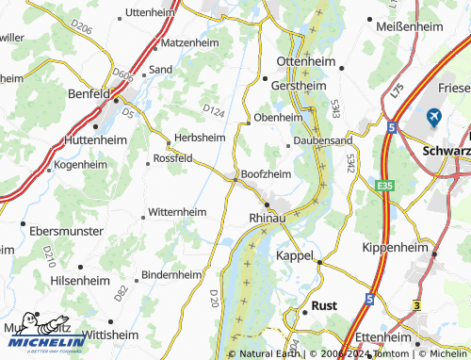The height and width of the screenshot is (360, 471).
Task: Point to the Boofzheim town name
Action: pyautogui.click(x=267, y=174)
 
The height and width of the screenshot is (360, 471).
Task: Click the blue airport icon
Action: pyautogui.click(x=433, y=117)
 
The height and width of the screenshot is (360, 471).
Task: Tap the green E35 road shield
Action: pyautogui.click(x=385, y=186)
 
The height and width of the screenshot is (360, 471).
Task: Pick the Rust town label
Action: pyautogui.click(x=324, y=306)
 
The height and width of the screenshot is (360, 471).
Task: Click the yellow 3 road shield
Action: pyautogui.click(x=416, y=306)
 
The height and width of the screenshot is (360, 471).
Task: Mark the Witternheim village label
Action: pyautogui.click(x=177, y=212)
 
